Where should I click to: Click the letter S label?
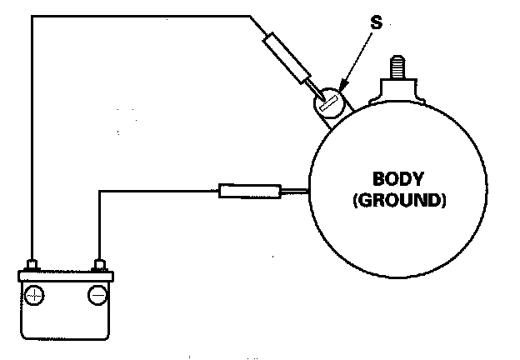[x=376, y=22]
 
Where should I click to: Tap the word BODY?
[x=400, y=178]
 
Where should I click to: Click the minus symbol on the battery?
[x=97, y=294]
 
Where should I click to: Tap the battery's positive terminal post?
[x=32, y=266]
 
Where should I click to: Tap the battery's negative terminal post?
[x=99, y=266]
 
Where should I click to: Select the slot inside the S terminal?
[x=328, y=106]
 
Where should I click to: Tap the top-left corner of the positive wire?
[x=32, y=15]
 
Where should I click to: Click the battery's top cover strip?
[x=65, y=276]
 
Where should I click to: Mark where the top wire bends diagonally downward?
[x=250, y=15]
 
